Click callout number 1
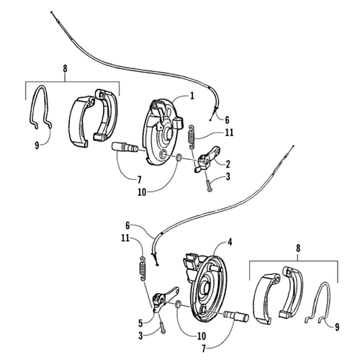pos(192,96)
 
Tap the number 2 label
pos(228,163)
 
